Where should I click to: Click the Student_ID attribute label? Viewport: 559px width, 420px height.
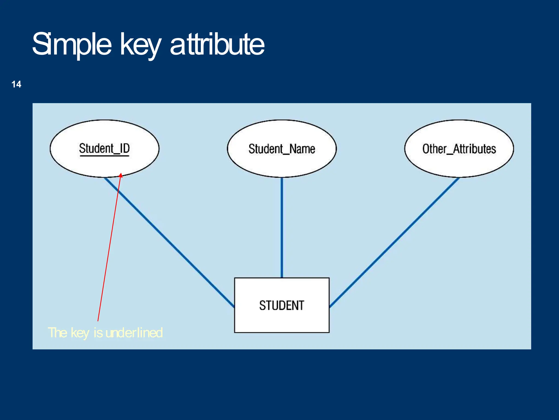click(x=104, y=148)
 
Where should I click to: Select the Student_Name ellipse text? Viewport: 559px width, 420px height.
click(x=282, y=149)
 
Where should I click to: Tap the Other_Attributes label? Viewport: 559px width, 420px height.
click(x=459, y=149)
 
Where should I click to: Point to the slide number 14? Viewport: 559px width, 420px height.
click(x=16, y=84)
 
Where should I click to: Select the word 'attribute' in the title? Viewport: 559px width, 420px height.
click(x=217, y=44)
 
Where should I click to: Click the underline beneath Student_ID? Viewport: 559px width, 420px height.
click(x=104, y=156)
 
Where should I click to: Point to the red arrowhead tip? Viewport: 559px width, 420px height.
click(x=121, y=174)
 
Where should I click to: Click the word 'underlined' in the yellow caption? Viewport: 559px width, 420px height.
click(x=134, y=333)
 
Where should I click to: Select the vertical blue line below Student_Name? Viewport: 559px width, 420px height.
click(x=282, y=227)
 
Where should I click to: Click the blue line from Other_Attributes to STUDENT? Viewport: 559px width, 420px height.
click(x=394, y=242)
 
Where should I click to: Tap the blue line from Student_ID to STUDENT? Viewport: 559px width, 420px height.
click(x=169, y=242)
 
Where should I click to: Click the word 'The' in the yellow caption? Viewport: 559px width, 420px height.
click(x=57, y=333)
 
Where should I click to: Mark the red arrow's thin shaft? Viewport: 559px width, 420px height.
click(x=109, y=246)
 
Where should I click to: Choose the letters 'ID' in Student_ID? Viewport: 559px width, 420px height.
click(x=125, y=148)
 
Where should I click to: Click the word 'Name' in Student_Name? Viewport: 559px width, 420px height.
click(x=302, y=149)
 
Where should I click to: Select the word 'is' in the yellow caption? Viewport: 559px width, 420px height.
click(x=98, y=333)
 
